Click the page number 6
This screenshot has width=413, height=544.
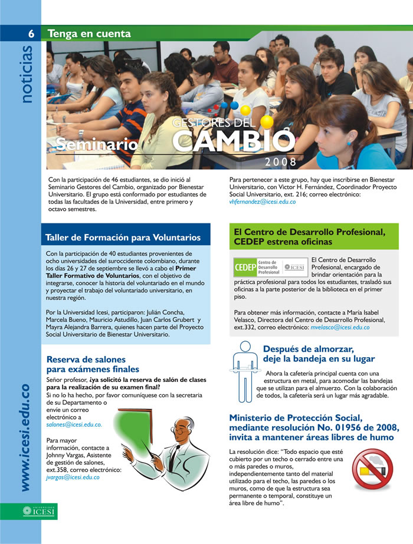(31, 34)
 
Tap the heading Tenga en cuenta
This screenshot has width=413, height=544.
(89, 34)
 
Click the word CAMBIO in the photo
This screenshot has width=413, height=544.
(234, 141)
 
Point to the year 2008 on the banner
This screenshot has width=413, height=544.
(281, 161)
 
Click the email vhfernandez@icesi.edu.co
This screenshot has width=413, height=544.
(263, 202)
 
